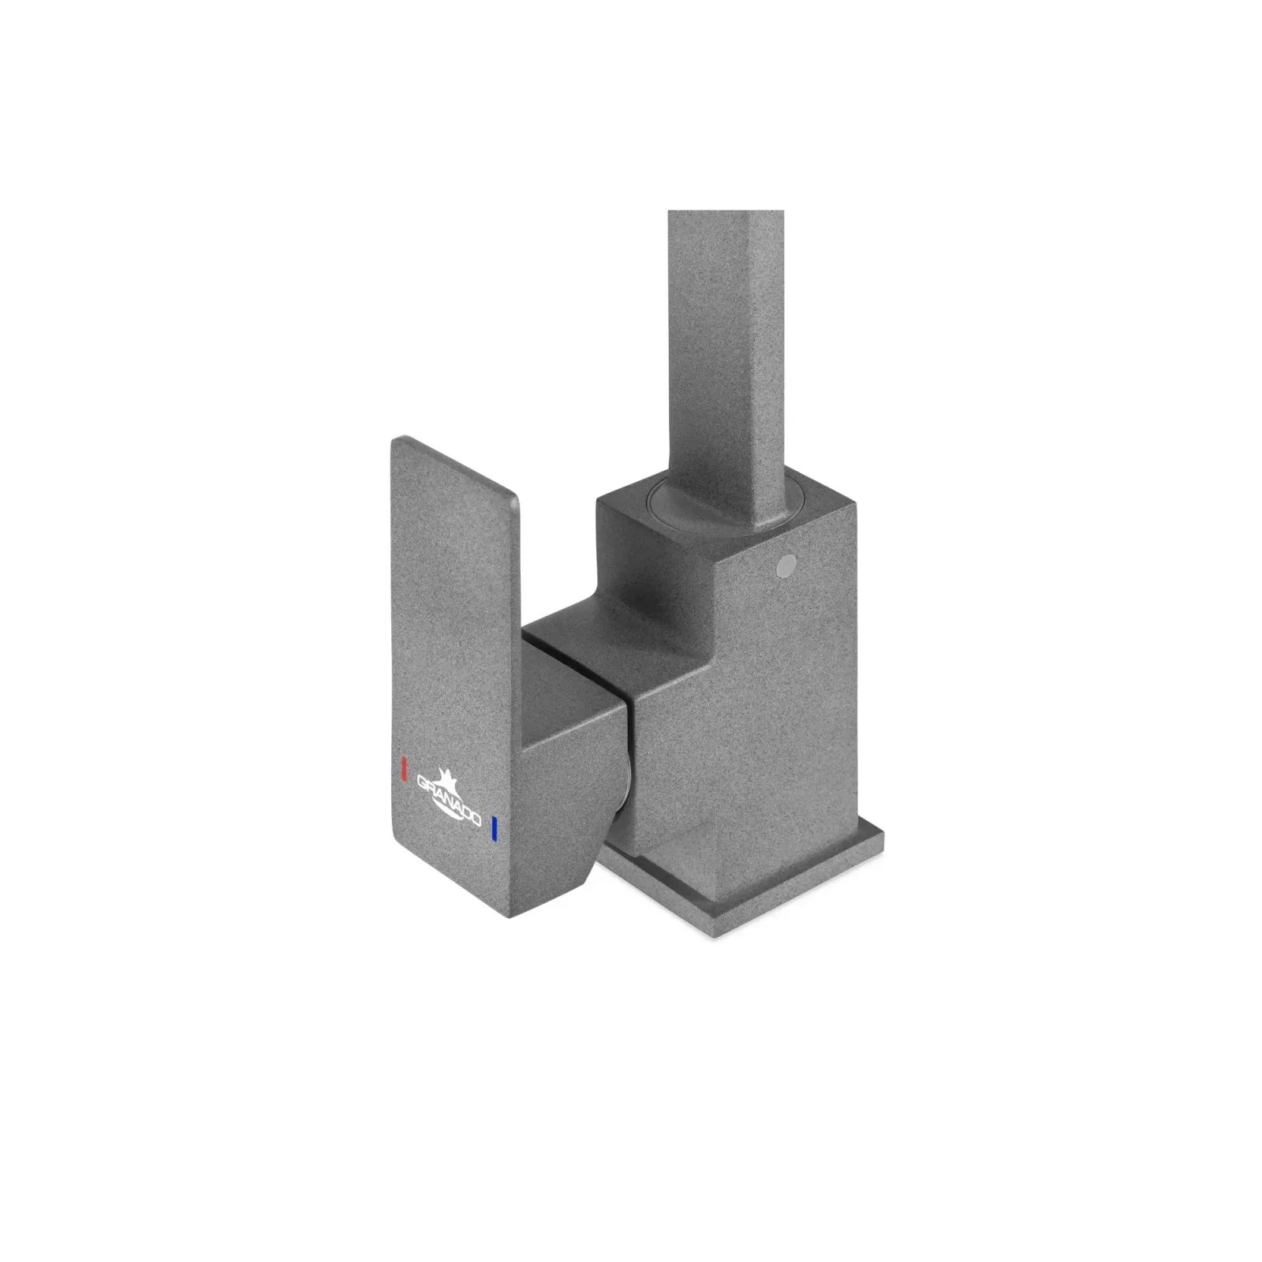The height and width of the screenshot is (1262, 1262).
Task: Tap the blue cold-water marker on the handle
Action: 494,828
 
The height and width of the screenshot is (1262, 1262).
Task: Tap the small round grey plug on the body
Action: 786,565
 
